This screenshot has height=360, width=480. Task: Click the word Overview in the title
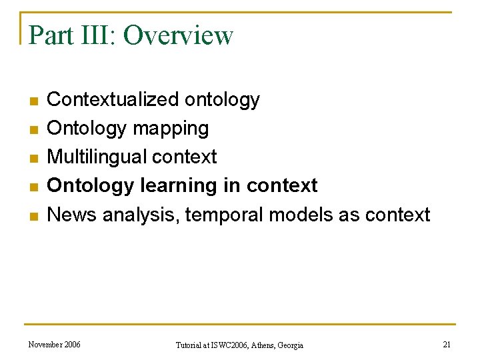(178, 35)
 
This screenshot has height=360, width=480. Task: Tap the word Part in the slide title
(51, 35)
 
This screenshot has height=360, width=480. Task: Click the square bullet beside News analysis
(33, 216)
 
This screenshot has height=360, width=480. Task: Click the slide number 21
(447, 344)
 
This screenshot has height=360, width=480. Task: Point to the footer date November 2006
(55, 344)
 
